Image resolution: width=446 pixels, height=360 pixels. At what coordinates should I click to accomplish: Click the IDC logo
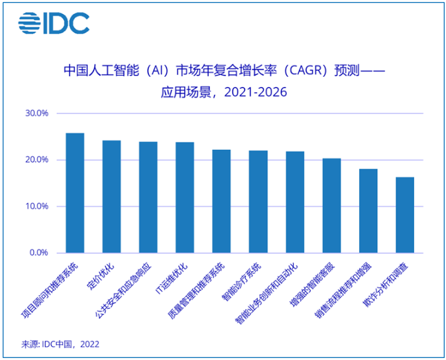tap(54, 24)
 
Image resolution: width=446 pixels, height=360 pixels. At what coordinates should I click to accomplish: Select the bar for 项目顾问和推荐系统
tap(75, 193)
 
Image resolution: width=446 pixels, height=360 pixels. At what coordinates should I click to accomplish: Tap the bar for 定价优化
tap(111, 196)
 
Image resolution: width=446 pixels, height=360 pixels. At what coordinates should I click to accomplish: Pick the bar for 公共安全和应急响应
tap(148, 197)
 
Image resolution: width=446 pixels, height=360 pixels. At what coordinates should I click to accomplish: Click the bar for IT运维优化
tap(184, 198)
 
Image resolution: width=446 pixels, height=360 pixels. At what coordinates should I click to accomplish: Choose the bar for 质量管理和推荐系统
tap(221, 201)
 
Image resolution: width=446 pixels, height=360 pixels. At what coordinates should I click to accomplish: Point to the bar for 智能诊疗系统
tap(258, 202)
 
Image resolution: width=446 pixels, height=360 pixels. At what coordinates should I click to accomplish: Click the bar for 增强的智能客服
tap(331, 206)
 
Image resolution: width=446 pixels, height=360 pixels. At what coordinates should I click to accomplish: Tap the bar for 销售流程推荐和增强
tap(368, 211)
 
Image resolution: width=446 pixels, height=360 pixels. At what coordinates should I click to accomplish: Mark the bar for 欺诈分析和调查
tap(405, 215)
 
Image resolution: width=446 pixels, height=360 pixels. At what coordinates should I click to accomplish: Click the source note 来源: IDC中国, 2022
tap(60, 343)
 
